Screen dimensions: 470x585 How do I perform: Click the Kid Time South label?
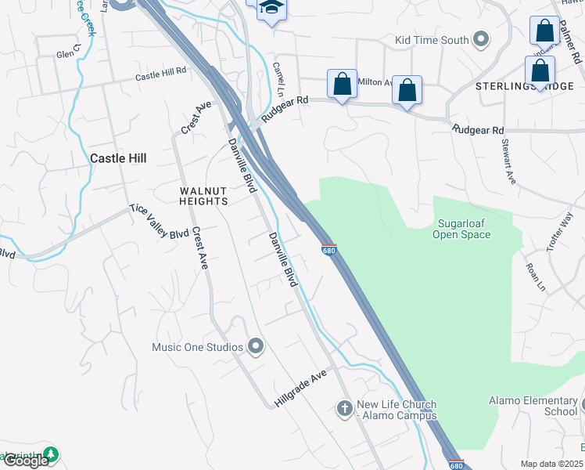click(x=432, y=40)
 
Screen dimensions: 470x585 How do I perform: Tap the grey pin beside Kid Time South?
click(x=481, y=39)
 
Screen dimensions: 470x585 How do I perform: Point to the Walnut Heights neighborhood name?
click(x=203, y=196)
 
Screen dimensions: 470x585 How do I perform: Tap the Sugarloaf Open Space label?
click(x=461, y=229)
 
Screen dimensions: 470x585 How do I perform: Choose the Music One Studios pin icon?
click(x=255, y=346)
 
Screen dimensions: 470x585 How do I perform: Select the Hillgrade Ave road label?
click(x=300, y=389)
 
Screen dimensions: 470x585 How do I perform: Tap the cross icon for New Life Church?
click(x=344, y=408)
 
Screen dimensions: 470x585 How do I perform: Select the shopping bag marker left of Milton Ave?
click(x=342, y=85)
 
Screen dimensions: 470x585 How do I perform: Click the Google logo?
click(x=26, y=461)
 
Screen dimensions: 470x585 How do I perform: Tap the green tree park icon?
click(x=51, y=454)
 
